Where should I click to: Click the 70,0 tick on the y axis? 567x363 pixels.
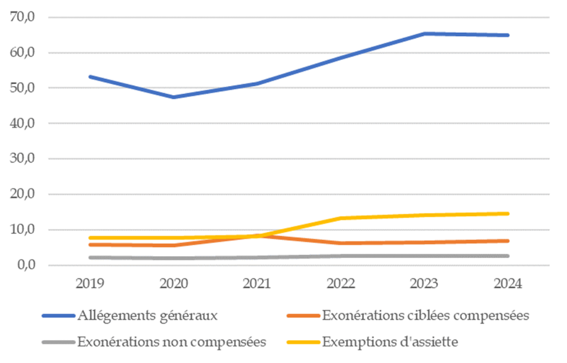[23, 18]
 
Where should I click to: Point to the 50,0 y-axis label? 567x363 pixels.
[23, 89]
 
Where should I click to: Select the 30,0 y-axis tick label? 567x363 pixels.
[23, 159]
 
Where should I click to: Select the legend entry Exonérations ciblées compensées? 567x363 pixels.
[425, 315]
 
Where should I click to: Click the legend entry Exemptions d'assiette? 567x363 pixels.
[390, 342]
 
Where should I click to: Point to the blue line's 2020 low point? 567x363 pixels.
[173, 97]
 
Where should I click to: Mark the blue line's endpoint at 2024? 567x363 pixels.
[508, 35]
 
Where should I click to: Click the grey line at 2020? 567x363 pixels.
[173, 258]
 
